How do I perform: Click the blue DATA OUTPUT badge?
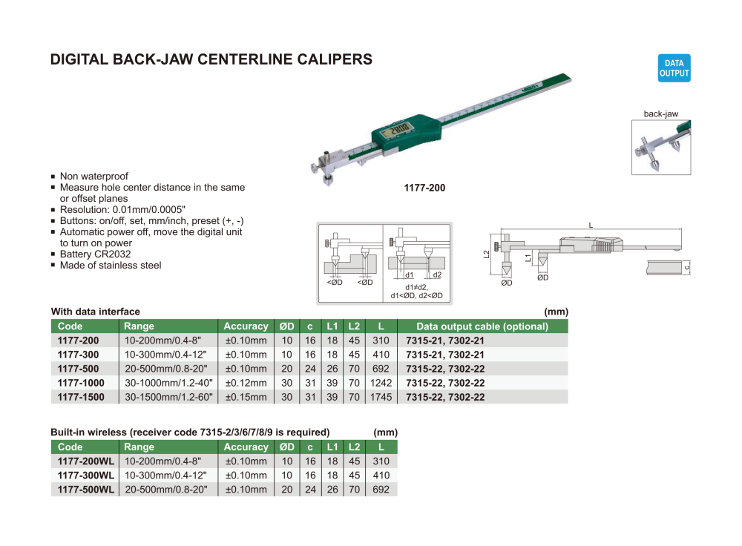point(674,68)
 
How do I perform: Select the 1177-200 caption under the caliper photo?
point(424,188)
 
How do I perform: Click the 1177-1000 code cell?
point(81,383)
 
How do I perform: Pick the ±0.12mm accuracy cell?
point(246,383)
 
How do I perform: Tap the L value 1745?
point(380,397)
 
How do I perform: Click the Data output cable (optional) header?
point(482,326)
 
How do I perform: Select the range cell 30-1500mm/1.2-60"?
point(169,397)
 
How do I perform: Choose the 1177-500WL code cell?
point(86,490)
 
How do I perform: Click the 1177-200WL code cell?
point(86,461)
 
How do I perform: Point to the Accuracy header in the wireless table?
point(246,447)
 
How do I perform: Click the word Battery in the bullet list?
point(76,254)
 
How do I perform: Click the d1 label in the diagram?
point(409,275)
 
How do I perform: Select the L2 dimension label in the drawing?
point(486,254)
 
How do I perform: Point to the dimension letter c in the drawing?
point(687,266)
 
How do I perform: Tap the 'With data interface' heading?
point(95,312)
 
